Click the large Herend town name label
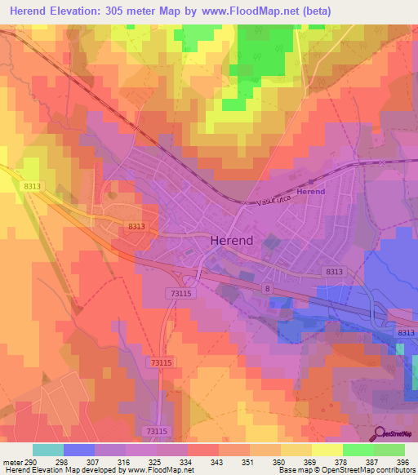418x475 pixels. [232, 241]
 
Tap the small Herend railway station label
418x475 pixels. [310, 192]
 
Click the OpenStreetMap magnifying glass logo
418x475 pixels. [380, 435]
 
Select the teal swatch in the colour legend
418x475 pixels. [47, 451]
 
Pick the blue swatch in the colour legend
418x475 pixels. [78, 451]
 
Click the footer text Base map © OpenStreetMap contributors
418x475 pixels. [346, 470]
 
